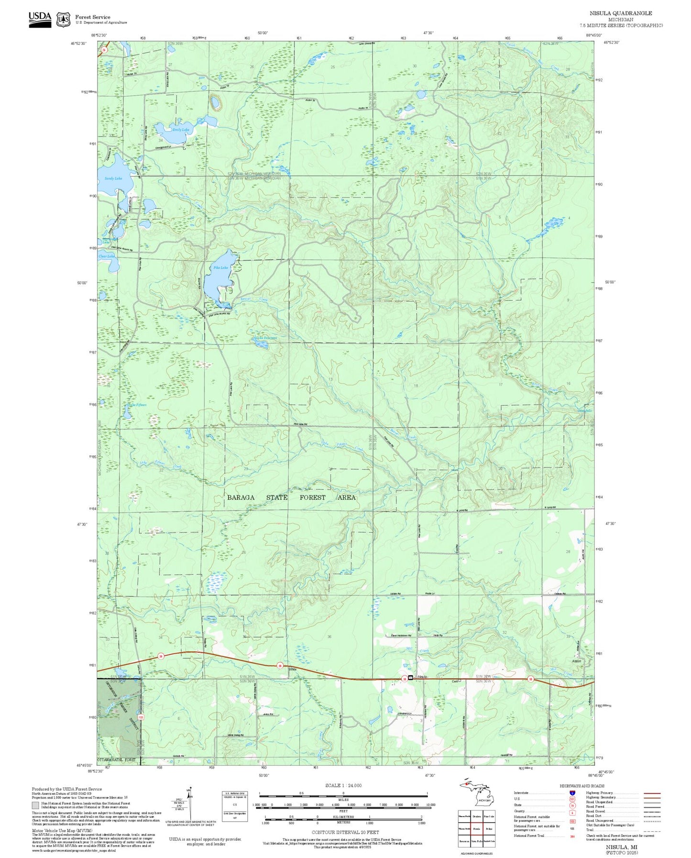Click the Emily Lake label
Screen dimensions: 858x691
[x=181, y=130]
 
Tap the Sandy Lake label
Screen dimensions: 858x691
[x=113, y=178]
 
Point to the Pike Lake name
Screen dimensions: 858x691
[x=220, y=268]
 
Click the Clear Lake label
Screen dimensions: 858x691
[x=107, y=256]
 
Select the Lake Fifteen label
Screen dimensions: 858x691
[x=137, y=405]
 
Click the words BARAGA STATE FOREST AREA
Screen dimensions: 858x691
[x=291, y=497]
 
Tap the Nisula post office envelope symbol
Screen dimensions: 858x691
[x=410, y=677]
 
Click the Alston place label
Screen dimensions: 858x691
[x=576, y=661]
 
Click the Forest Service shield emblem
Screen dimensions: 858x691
[x=63, y=20]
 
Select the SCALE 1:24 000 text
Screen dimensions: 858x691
[x=343, y=785]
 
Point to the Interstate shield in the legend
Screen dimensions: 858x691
[x=572, y=793]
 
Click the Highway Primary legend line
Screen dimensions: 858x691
[x=652, y=793]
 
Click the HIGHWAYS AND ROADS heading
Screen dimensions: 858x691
[x=582, y=786]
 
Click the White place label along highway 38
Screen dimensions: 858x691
[x=292, y=669]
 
